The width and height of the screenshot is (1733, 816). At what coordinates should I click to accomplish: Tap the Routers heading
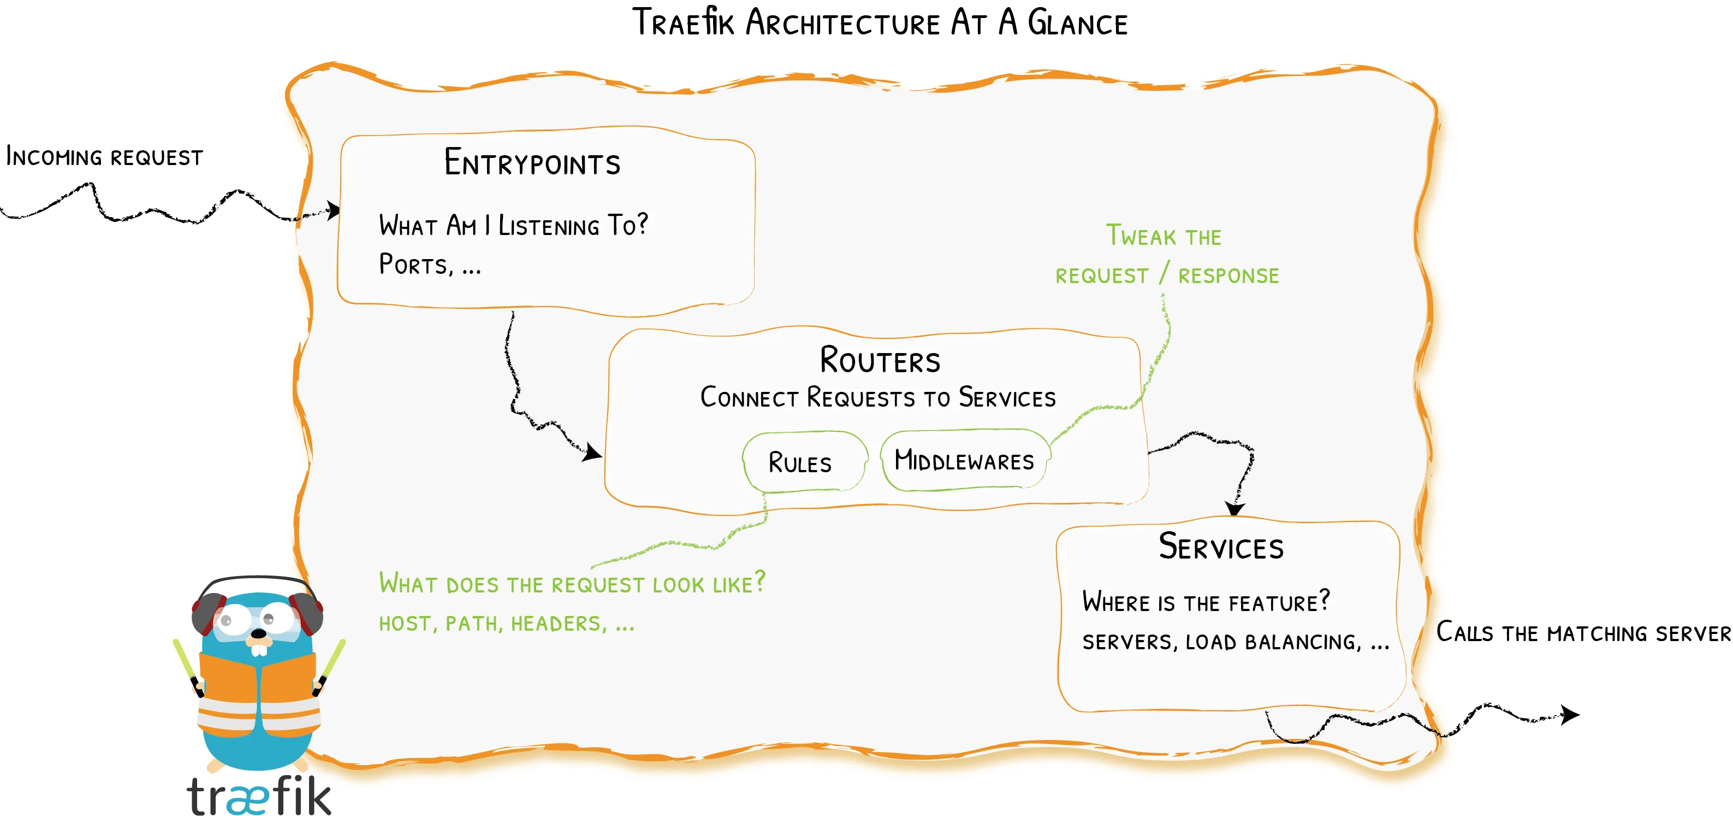(x=879, y=360)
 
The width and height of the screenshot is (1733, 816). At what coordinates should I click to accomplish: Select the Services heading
(x=1220, y=546)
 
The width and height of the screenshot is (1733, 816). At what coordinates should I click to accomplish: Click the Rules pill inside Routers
(x=800, y=462)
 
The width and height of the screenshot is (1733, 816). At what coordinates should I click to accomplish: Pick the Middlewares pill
(x=964, y=461)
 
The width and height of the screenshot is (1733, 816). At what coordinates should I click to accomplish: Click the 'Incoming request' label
(x=104, y=157)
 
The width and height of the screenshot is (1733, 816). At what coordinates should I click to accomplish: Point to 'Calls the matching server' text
(x=1582, y=633)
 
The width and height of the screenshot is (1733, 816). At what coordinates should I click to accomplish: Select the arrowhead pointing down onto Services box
(x=1235, y=508)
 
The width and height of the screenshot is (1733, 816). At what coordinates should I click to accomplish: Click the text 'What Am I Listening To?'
(x=513, y=225)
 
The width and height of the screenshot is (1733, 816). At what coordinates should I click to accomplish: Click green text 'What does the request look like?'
(x=572, y=583)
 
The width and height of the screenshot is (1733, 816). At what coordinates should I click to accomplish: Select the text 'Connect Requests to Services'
(x=878, y=397)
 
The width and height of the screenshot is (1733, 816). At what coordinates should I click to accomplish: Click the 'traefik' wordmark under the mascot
(x=259, y=795)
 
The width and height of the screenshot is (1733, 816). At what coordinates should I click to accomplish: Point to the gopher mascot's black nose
(x=258, y=633)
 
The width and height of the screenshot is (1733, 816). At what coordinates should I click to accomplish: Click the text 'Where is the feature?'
(x=1206, y=601)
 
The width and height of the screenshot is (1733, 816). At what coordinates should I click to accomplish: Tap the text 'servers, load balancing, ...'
(x=1235, y=642)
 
